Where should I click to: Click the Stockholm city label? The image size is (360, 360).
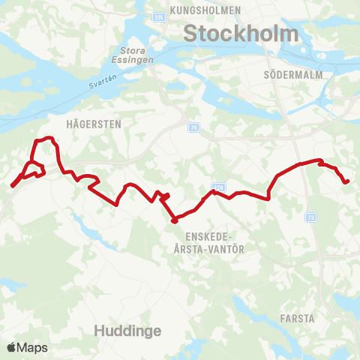point(241,34)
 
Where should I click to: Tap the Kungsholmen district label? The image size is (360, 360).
point(205,10)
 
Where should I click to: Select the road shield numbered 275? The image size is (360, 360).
point(157,16)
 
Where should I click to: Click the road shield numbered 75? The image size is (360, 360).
point(194,127)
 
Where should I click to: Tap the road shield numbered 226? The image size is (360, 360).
point(218,187)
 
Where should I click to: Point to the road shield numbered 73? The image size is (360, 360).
point(310,217)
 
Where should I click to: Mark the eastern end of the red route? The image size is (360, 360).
point(347,181)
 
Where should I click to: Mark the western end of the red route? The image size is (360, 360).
point(13,186)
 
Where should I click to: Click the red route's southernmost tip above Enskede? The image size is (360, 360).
point(174,220)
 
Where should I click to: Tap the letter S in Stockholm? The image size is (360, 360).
point(190,34)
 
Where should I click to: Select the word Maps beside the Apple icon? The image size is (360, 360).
point(33,347)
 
